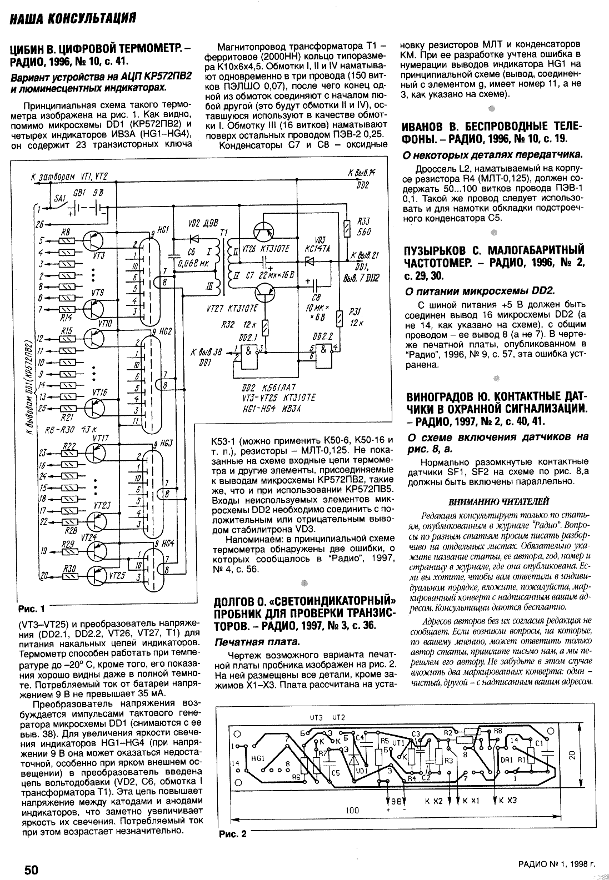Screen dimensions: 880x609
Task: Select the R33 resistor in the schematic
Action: (347, 226)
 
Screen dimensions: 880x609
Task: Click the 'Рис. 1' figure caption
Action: (30, 607)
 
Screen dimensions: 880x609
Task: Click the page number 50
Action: (30, 868)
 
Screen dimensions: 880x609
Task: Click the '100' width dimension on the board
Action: (352, 811)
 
